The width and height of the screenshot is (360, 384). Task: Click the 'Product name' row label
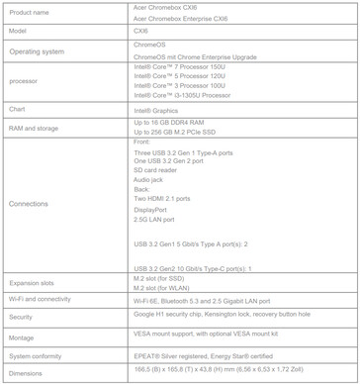tap(30, 13)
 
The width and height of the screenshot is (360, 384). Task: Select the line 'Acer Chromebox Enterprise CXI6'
tap(180, 19)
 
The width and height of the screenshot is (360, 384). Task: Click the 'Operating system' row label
tap(39, 49)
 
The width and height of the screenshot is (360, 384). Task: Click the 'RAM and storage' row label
tap(35, 129)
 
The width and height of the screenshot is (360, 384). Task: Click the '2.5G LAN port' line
tap(156, 219)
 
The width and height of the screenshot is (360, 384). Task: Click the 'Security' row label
tap(23, 317)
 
